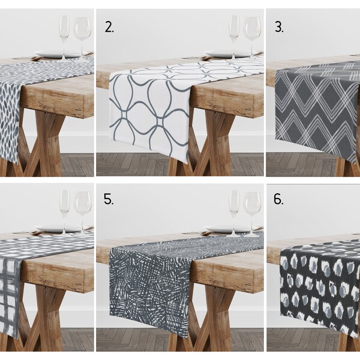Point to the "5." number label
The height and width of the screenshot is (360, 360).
(109, 199)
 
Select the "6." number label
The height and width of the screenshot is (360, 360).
(278, 199)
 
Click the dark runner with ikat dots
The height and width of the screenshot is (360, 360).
(315, 282)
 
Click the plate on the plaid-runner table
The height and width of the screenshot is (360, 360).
(51, 229)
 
